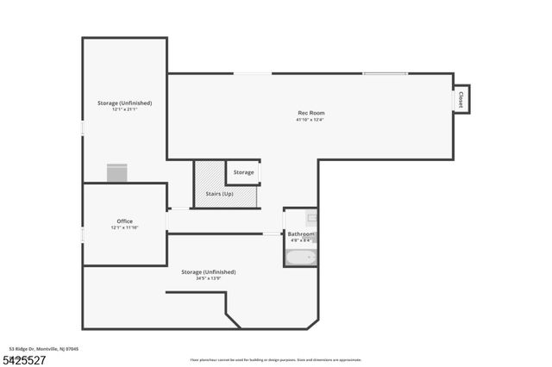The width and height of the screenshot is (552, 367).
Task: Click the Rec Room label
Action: click(x=310, y=113)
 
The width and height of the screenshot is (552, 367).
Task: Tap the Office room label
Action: click(x=124, y=221)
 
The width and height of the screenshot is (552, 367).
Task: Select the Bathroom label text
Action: click(x=301, y=234)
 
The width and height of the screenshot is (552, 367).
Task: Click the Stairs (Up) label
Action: click(x=219, y=194)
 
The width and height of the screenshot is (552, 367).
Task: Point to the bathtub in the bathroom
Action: click(x=301, y=256)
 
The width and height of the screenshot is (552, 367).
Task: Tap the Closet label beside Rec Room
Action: click(x=461, y=98)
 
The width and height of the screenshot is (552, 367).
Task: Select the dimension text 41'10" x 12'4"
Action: click(x=310, y=120)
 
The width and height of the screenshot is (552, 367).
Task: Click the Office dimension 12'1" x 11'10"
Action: click(x=124, y=227)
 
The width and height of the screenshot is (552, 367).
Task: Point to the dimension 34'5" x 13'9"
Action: click(x=208, y=278)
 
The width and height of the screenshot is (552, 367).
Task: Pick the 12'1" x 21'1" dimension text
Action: click(x=124, y=109)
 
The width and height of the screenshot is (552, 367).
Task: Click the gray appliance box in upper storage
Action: click(x=117, y=173)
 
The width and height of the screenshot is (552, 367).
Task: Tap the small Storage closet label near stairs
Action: click(x=244, y=172)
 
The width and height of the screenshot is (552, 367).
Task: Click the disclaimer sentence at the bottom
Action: click(x=275, y=360)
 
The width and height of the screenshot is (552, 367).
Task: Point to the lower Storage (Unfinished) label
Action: click(x=208, y=272)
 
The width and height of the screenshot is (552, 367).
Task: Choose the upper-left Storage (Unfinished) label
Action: click(x=124, y=103)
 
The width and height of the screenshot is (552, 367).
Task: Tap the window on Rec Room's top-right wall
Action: click(x=386, y=73)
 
